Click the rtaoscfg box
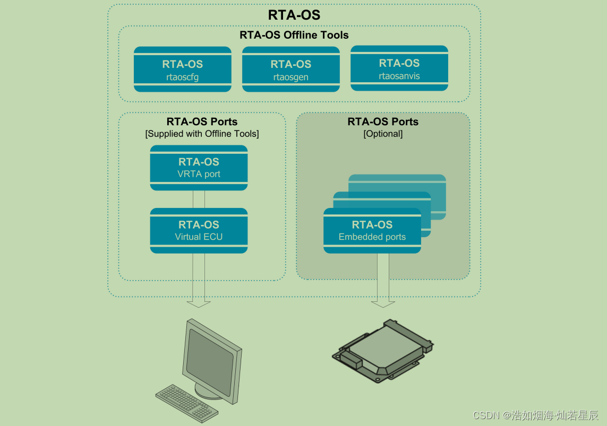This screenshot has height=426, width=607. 182,69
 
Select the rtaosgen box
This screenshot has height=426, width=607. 290,69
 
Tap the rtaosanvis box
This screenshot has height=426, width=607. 399,68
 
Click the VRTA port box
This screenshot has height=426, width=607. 199,168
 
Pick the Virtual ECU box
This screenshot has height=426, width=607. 199,230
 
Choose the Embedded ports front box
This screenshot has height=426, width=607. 372,230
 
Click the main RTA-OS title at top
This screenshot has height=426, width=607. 294,15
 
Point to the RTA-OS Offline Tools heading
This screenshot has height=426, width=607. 294,36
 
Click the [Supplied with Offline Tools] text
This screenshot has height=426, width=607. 202,134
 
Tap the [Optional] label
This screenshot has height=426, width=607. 383,134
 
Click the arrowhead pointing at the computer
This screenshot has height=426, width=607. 198,304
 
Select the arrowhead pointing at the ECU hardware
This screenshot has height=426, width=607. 382,304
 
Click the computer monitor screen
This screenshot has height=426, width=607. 210,357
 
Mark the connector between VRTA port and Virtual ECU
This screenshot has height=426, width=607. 199,199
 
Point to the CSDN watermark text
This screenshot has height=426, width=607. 535,415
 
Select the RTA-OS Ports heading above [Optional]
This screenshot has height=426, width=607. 383,121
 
